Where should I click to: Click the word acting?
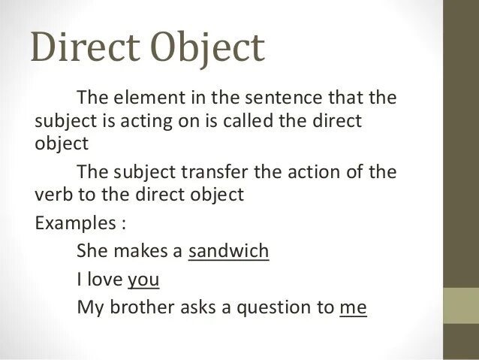[148, 122]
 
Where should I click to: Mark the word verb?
[53, 195]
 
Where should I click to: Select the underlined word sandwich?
[228, 251]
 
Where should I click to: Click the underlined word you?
[143, 280]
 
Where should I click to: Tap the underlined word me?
[353, 307]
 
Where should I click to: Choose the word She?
[92, 251]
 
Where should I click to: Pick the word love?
[105, 280]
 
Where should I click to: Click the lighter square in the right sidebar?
[461, 305]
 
